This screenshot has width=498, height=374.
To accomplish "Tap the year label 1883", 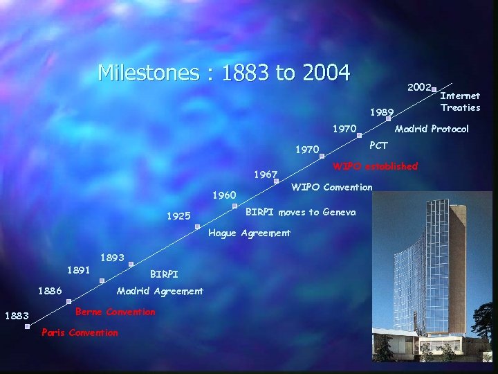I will [x=17, y=317].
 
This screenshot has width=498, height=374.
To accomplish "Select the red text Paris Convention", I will [x=80, y=332].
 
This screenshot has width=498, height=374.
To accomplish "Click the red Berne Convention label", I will [x=115, y=312].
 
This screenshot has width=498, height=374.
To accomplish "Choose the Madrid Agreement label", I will [x=160, y=291].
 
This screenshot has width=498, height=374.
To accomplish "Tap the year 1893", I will [x=112, y=258].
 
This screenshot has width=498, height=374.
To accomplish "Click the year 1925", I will [x=178, y=216].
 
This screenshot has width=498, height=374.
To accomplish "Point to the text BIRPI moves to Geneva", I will [x=301, y=212].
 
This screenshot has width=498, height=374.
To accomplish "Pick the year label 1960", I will [x=223, y=195].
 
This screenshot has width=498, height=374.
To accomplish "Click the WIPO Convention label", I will [x=332, y=187].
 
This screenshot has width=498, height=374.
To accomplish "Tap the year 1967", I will [x=265, y=175].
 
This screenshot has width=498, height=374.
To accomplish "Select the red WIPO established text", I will [x=376, y=166].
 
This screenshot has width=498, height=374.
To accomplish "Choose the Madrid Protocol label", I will [x=432, y=129].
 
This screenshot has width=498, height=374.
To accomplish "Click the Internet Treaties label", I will [x=460, y=101].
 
